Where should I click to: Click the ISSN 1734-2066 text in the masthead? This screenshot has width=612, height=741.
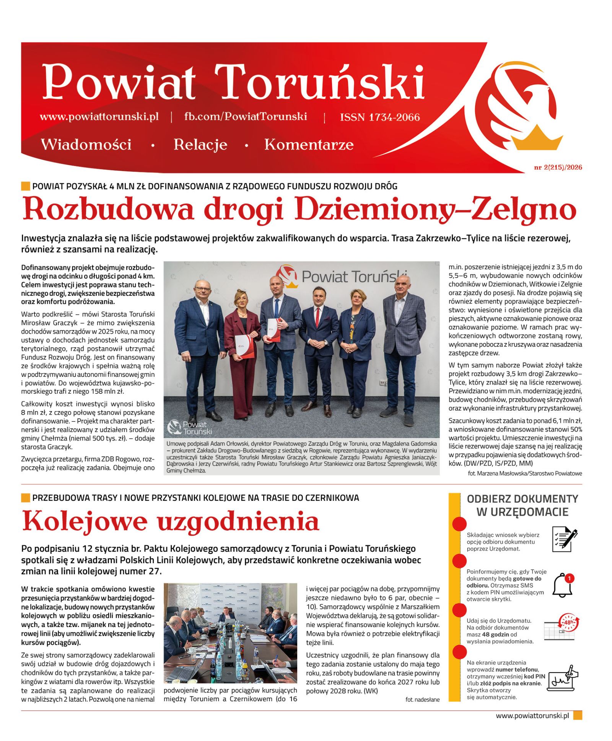point(379,117)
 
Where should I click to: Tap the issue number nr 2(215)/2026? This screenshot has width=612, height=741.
point(558,167)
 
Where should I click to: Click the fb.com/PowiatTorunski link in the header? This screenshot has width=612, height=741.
point(245,116)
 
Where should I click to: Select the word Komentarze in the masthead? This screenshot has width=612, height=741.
point(309,145)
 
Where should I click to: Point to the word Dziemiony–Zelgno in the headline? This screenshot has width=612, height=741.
point(435,209)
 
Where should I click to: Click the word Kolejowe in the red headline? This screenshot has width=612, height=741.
point(85,521)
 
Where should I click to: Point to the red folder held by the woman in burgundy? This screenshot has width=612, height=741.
point(244,346)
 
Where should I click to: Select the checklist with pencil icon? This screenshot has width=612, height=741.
point(564,539)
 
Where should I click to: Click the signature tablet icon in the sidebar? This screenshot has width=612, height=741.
point(562,678)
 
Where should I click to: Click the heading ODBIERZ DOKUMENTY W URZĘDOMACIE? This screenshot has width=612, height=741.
point(522,505)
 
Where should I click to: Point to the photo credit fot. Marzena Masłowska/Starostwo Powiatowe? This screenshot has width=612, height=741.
point(524,473)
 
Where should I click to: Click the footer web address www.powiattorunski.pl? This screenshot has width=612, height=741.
point(532,715)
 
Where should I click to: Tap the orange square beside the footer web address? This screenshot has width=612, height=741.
point(578,715)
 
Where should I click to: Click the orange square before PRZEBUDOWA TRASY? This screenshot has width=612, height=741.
point(25,498)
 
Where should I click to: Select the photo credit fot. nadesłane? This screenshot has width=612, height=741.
point(422,699)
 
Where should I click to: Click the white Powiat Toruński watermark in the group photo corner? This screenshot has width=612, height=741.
point(190,428)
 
